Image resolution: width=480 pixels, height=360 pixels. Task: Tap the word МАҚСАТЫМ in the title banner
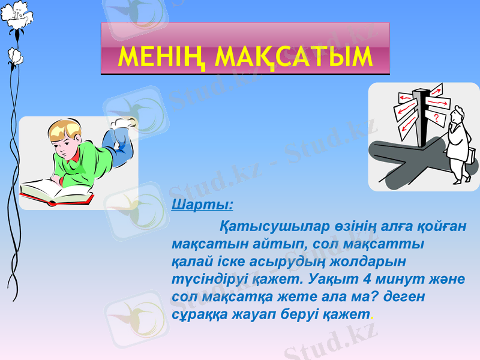(x=293, y=56)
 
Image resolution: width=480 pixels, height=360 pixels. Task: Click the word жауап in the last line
(x=251, y=314)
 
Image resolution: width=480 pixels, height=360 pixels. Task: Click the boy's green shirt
(x=84, y=162)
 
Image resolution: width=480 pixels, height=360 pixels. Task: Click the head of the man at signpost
(x=458, y=112)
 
